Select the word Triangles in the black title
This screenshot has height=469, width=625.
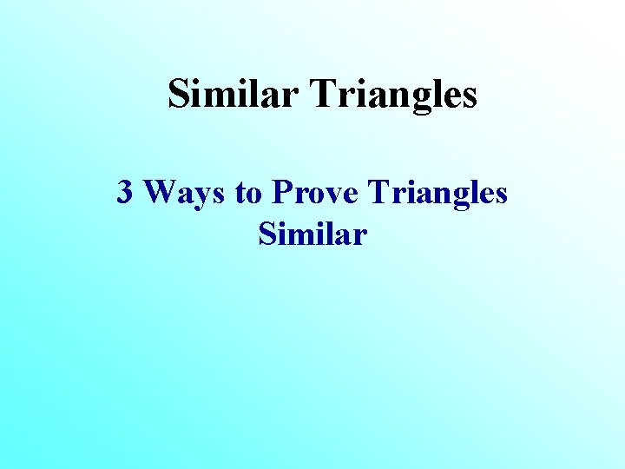(393, 94)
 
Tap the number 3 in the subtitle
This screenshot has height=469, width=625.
(125, 192)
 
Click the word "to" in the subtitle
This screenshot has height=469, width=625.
(248, 193)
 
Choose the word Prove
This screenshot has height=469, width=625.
(315, 192)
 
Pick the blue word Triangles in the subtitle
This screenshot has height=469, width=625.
(438, 192)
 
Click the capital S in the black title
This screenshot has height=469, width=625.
(178, 94)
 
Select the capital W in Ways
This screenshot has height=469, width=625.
(161, 192)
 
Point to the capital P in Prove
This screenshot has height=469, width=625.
(282, 192)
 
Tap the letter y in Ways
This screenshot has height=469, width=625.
(202, 196)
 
